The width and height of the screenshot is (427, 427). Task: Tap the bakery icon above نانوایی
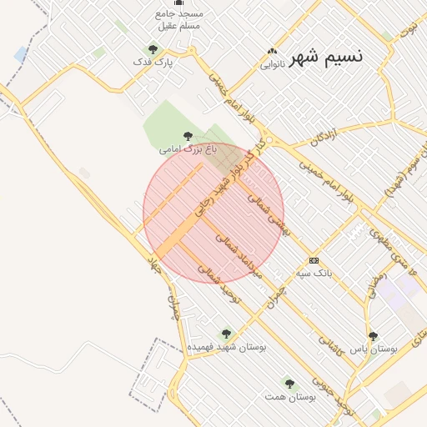tap(272, 51)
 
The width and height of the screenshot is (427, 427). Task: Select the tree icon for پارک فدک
tap(153, 49)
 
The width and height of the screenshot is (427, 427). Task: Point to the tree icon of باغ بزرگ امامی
tap(188, 136)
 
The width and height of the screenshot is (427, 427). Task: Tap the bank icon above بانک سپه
tap(314, 260)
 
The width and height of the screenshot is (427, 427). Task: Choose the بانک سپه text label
tap(315, 273)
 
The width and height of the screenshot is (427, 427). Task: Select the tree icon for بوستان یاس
tap(373, 335)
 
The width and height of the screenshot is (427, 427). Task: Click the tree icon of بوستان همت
tap(289, 384)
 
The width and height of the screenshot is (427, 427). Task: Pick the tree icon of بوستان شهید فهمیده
tap(224, 333)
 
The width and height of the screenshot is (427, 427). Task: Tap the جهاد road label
tap(153, 268)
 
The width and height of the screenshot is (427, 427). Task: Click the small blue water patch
tap(20, 54)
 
